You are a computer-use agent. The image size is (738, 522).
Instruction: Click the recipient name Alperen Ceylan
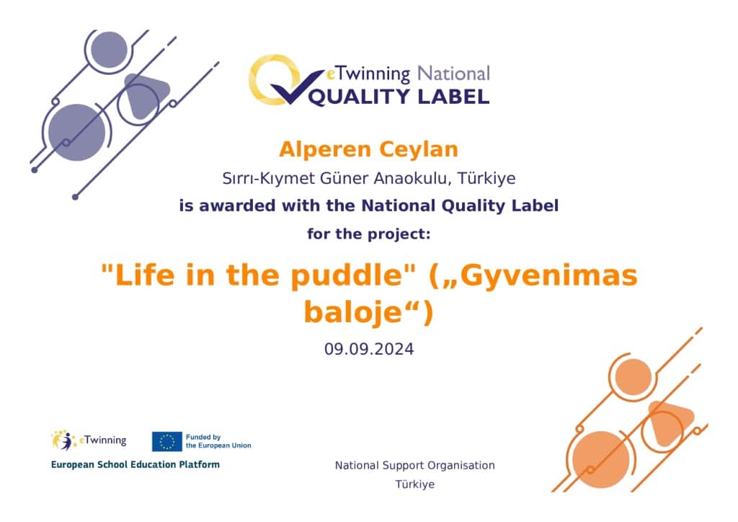pyautogui.click(x=368, y=150)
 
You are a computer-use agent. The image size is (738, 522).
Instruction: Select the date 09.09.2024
pyautogui.click(x=369, y=349)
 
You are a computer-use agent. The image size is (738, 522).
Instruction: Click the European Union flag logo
pyautogui.click(x=166, y=441)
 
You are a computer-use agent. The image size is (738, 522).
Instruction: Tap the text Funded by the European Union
pyautogui.click(x=218, y=441)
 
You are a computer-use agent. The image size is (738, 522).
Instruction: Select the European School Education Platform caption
pyautogui.click(x=135, y=464)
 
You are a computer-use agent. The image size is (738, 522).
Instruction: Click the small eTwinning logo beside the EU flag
pyautogui.click(x=89, y=441)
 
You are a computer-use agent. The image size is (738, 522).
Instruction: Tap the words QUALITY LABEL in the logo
pyautogui.click(x=399, y=97)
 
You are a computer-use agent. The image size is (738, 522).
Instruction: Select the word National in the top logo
pyautogui.click(x=454, y=74)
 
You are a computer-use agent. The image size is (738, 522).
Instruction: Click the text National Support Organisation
pyautogui.click(x=414, y=466)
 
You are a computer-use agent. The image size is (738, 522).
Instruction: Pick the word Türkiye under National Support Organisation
pyautogui.click(x=414, y=485)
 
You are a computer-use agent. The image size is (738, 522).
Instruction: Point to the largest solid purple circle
pyautogui.click(x=76, y=132)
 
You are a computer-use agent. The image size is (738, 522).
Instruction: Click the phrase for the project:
pyautogui.click(x=368, y=234)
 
